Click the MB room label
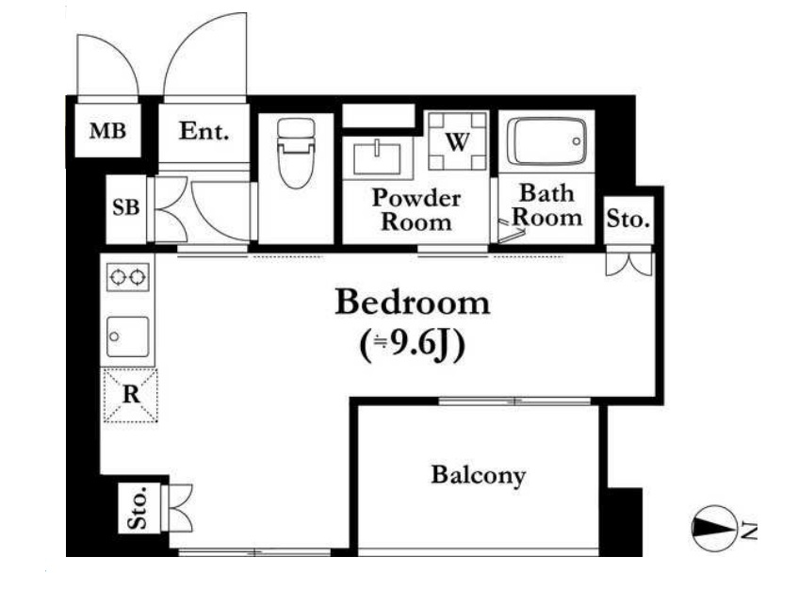click(107, 131)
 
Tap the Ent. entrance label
click(204, 131)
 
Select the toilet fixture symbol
click(296, 153)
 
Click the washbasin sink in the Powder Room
click(377, 158)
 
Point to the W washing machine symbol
click(457, 141)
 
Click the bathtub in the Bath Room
click(546, 141)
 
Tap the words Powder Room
click(416, 210)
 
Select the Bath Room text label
click(546, 205)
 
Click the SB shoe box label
click(125, 207)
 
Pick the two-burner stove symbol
click(128, 277)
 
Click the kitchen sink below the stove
click(128, 336)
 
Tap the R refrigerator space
click(131, 395)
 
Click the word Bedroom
click(413, 303)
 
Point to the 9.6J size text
click(413, 346)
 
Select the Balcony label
click(478, 475)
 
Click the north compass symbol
click(714, 528)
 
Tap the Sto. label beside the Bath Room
click(628, 220)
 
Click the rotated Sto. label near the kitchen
click(138, 508)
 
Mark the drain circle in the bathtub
click(576, 141)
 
